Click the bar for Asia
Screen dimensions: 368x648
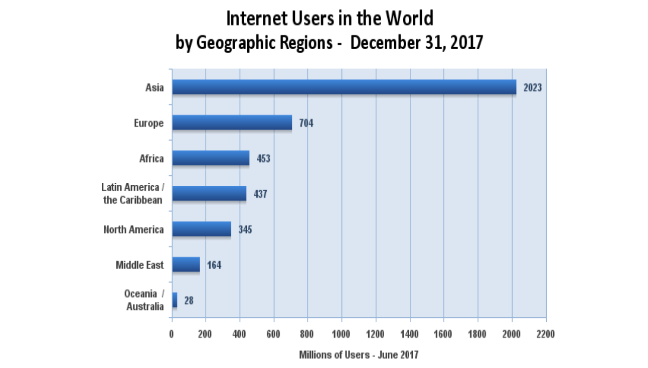pos(344,87)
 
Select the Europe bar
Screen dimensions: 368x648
pos(232,122)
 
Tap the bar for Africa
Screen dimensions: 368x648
pos(211,158)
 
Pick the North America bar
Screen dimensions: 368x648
pos(201,229)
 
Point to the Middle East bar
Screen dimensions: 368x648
pos(186,265)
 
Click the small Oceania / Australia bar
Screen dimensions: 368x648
pos(175,300)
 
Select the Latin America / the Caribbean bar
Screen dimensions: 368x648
pos(209,193)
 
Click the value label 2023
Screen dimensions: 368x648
pos(533,87)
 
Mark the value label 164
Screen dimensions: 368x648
pos(214,265)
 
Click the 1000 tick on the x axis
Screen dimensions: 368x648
pos(342,334)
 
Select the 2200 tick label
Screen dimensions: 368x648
pos(545,334)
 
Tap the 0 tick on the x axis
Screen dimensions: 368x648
pos(172,334)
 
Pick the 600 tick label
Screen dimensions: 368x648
pos(274,334)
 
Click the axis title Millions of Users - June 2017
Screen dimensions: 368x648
pos(359,354)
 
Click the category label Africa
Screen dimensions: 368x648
pos(151,159)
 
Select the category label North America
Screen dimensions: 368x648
pos(133,229)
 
